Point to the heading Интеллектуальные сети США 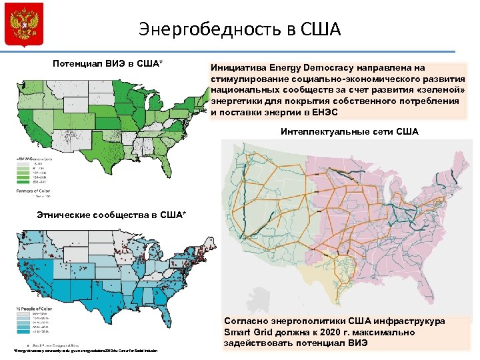tap(350, 131)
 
